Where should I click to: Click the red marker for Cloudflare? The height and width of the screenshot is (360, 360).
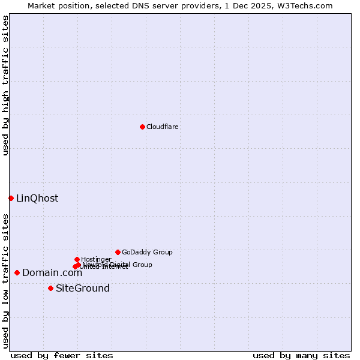point(142,127)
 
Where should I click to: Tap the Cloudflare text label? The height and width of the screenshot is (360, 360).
point(163,127)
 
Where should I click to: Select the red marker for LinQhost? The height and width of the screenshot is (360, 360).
point(11,198)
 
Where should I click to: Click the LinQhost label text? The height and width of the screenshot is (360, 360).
point(37,199)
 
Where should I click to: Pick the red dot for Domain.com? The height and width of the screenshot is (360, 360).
point(17,273)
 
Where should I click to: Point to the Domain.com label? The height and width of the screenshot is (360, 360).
point(52,273)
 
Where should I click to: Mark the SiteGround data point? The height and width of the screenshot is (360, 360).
point(50,289)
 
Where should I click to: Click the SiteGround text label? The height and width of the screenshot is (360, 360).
point(83,289)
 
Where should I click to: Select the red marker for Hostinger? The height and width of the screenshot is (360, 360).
point(77,259)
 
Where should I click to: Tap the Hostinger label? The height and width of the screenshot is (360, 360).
point(96,259)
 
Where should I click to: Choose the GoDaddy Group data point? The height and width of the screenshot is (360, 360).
point(118,252)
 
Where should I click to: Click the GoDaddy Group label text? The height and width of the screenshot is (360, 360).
point(147,252)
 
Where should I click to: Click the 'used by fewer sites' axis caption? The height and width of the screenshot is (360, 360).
point(62,355)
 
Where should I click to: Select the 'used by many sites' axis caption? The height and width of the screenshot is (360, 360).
point(301,355)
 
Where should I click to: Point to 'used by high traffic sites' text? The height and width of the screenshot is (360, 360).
point(6,85)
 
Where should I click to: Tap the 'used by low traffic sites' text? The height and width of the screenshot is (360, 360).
point(6,280)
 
